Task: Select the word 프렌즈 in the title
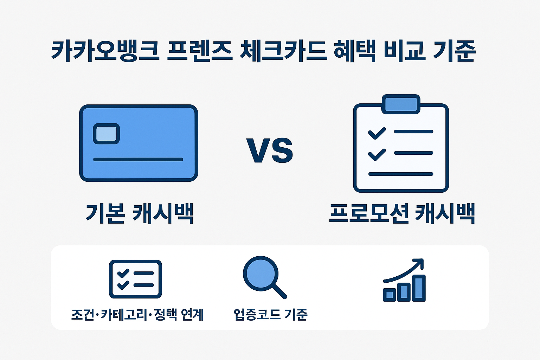199,51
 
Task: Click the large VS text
270,150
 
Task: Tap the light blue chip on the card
106,134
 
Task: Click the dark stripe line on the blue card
138,159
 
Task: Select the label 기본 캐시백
140,213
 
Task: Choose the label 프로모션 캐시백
402,213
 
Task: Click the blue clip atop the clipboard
401,104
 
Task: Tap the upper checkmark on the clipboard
377,133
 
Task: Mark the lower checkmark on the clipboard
377,154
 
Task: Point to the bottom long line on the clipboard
400,174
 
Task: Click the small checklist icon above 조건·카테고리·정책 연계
135,279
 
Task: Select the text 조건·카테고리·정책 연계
137,314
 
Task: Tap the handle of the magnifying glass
279,291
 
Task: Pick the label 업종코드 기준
271,314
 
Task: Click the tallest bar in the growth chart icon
419,288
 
